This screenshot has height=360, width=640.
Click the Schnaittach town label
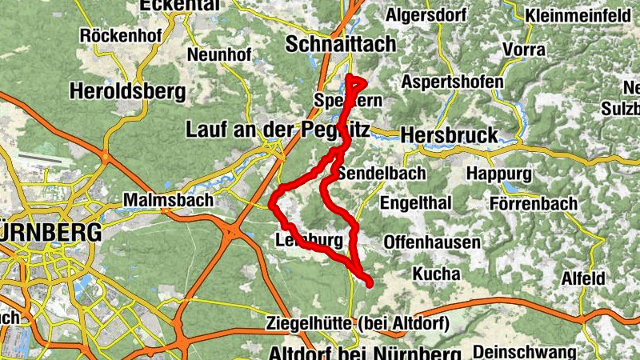[x=341, y=42]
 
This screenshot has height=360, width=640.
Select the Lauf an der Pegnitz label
[x=277, y=128]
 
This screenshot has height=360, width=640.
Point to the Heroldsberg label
[x=127, y=91]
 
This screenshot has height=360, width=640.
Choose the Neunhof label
[x=219, y=55]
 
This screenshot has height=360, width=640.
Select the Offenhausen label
[x=432, y=242]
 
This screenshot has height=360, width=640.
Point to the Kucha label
[x=436, y=274]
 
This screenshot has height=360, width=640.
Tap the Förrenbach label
[x=534, y=204]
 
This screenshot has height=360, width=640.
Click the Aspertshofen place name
[x=453, y=82]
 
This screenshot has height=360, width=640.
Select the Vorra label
[x=524, y=50]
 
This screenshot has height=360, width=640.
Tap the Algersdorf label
[x=426, y=14]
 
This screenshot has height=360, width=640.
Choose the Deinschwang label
[x=524, y=352]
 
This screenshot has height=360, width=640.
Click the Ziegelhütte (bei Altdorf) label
[x=356, y=324]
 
